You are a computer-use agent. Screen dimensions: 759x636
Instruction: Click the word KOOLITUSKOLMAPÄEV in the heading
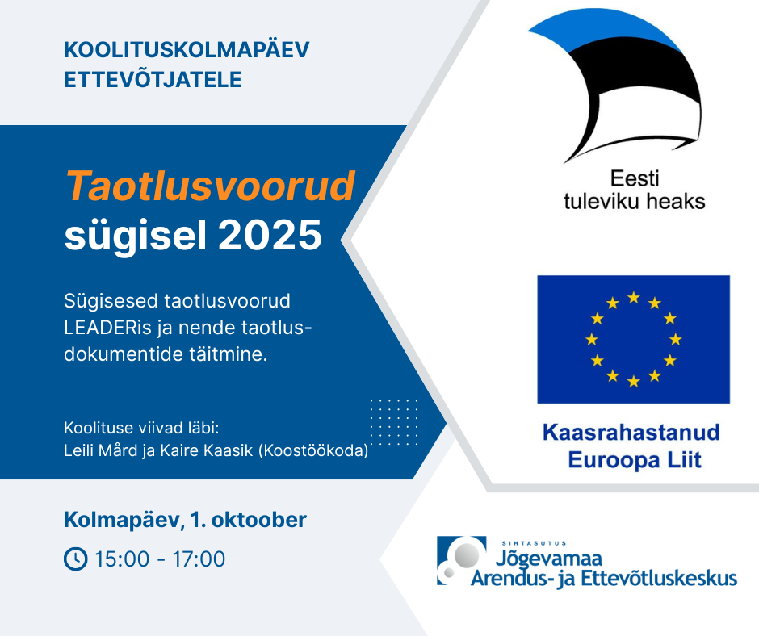[x=187, y=49]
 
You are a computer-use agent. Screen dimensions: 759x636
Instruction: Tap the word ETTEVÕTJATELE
[x=153, y=78]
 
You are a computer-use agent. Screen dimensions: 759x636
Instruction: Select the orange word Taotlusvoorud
[x=211, y=186]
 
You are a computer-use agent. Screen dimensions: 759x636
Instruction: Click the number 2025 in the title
[x=270, y=235]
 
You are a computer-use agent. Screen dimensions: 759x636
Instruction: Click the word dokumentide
[x=124, y=354]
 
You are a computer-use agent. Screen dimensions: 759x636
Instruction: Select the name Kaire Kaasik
[x=207, y=450]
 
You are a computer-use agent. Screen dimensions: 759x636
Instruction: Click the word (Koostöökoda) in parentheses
[x=313, y=450]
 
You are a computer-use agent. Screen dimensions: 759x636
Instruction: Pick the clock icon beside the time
[x=76, y=559]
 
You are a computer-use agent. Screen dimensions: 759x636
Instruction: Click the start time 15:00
[x=122, y=559]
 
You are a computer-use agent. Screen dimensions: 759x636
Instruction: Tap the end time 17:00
[x=199, y=559]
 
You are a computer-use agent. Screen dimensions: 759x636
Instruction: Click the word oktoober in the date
[x=259, y=520]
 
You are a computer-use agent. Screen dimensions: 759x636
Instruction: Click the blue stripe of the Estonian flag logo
[x=600, y=30]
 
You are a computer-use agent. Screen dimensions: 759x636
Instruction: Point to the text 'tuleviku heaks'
[x=634, y=201]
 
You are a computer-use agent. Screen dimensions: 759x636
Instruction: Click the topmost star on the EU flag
[x=634, y=297]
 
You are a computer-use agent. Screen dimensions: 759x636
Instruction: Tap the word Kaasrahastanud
[x=631, y=433]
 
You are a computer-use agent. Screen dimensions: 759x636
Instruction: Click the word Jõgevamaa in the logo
[x=549, y=558]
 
